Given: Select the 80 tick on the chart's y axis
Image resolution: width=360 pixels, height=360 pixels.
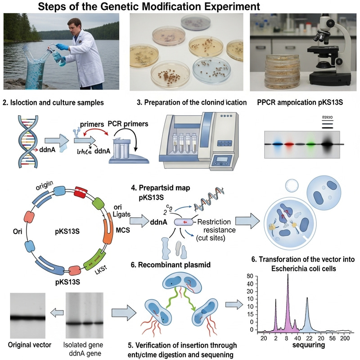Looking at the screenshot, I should click(x=251, y=274).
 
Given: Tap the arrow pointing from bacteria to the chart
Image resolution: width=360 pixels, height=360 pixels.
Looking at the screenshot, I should click(x=232, y=305).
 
